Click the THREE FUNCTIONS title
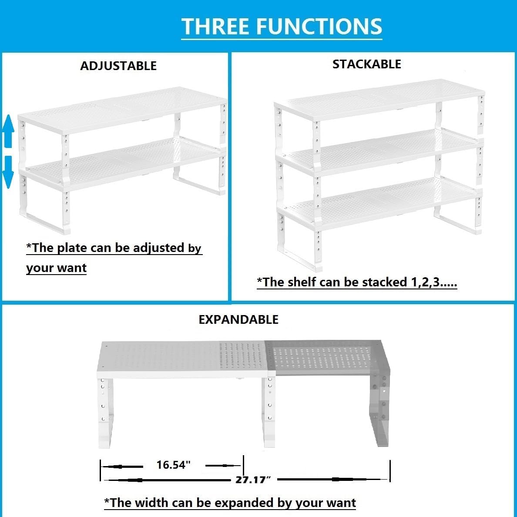point(282,27)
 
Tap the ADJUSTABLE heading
point(118,66)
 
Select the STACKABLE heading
point(366,64)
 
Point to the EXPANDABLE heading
point(238,319)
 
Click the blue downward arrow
point(8,172)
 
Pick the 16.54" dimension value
point(174,465)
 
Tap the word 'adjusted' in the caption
point(158,248)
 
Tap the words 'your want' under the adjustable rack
point(57,268)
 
